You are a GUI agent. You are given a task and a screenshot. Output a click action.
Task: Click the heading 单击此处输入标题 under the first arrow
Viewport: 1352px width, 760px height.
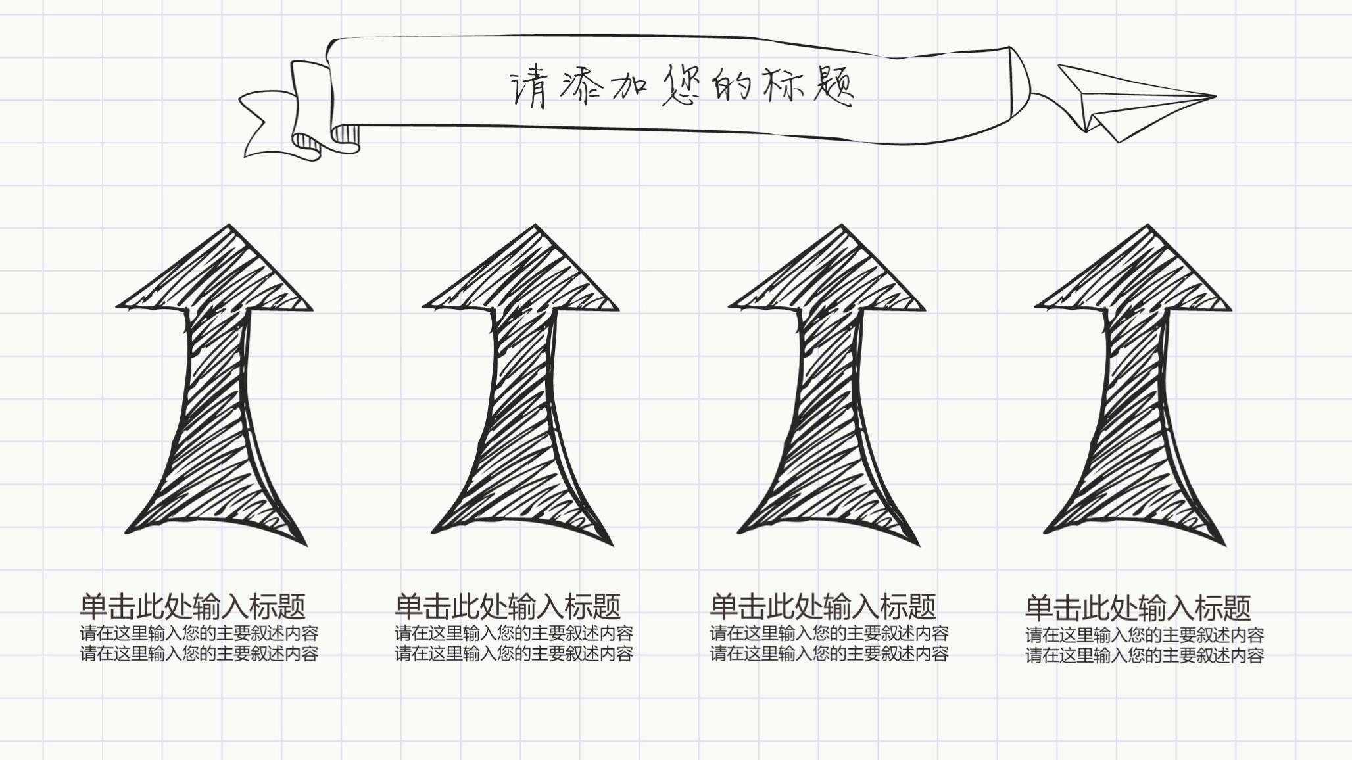pyautogui.click(x=193, y=606)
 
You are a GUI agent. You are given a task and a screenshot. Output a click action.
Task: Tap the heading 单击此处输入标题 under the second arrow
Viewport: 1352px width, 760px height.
pyautogui.click(x=508, y=606)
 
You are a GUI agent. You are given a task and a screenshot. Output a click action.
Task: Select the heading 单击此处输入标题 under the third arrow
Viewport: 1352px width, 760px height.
pyautogui.click(x=823, y=606)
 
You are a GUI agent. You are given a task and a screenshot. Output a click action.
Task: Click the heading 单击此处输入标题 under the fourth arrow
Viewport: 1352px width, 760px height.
pyautogui.click(x=1138, y=608)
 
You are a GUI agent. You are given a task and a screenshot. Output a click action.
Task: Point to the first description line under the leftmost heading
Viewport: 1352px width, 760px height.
pyautogui.click(x=199, y=634)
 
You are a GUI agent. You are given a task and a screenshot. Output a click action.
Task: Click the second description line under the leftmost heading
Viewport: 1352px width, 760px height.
pyautogui.click(x=199, y=654)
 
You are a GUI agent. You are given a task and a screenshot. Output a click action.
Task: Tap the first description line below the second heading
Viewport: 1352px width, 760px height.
pyautogui.click(x=514, y=634)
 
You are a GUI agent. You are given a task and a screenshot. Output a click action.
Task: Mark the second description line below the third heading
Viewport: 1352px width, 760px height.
pyautogui.click(x=829, y=654)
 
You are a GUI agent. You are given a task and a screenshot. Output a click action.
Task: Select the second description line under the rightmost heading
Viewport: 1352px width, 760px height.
pyautogui.click(x=1144, y=655)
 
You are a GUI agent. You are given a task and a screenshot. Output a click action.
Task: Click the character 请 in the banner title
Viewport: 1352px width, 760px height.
pyautogui.click(x=529, y=89)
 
